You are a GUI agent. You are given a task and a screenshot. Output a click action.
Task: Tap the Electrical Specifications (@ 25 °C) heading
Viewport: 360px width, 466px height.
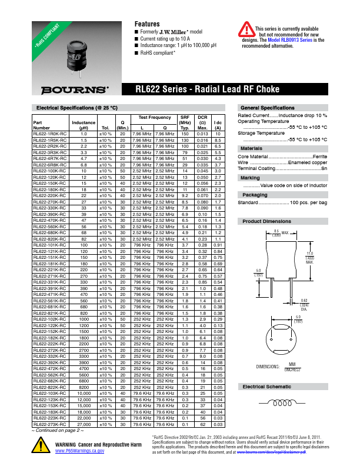coord(69,108)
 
